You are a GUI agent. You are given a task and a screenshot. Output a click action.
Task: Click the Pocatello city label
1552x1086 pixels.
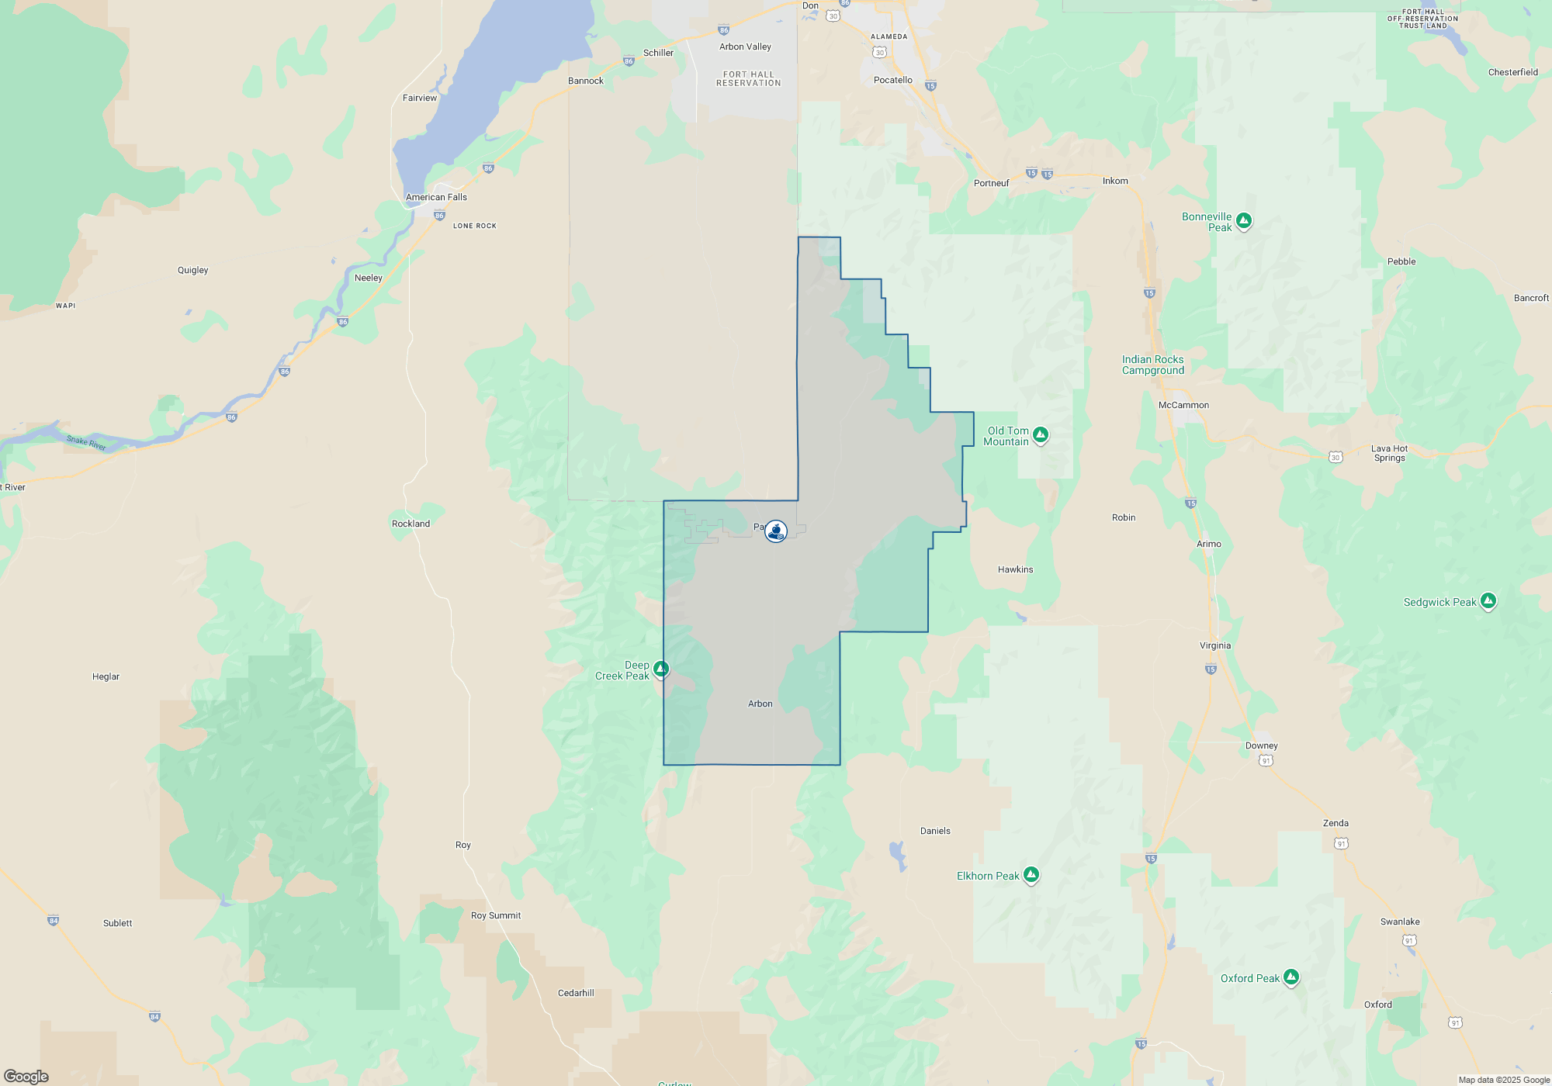tap(892, 80)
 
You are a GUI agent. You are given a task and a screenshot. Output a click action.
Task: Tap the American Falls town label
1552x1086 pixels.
tap(436, 197)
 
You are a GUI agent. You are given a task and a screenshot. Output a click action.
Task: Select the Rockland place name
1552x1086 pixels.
tap(411, 524)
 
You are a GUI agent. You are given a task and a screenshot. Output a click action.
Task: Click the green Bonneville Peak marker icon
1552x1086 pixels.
tap(1244, 221)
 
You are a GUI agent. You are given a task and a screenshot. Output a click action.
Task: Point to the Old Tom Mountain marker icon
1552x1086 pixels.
tap(1041, 435)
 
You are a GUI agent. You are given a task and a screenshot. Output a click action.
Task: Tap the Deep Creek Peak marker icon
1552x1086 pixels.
tap(660, 669)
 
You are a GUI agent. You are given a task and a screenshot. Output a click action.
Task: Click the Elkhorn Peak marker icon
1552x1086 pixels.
tap(1031, 875)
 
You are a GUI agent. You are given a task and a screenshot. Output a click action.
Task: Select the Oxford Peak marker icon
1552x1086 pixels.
tap(1291, 977)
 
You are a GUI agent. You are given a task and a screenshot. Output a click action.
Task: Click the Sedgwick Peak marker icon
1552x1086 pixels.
tap(1488, 601)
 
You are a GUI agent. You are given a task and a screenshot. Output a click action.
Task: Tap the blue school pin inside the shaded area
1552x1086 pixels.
tap(775, 531)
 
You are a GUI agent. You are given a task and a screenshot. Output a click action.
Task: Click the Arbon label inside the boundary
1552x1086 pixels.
tap(760, 704)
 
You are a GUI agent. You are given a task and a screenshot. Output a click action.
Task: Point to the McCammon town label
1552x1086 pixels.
tap(1183, 405)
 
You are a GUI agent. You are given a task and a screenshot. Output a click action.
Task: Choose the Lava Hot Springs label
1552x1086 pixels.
tap(1389, 453)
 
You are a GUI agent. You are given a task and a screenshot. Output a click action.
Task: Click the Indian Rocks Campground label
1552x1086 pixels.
tap(1152, 365)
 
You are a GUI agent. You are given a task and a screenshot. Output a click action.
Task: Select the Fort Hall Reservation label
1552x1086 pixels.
tap(748, 79)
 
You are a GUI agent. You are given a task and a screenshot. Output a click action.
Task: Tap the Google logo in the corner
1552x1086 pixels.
tap(26, 1076)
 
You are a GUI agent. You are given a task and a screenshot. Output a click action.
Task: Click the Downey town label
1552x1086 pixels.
tap(1261, 745)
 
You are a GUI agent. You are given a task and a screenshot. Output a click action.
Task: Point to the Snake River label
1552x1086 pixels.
tap(86, 443)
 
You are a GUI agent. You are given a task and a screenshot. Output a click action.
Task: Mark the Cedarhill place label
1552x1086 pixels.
tap(576, 993)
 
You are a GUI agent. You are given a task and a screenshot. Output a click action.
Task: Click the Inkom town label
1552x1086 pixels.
tap(1115, 181)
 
